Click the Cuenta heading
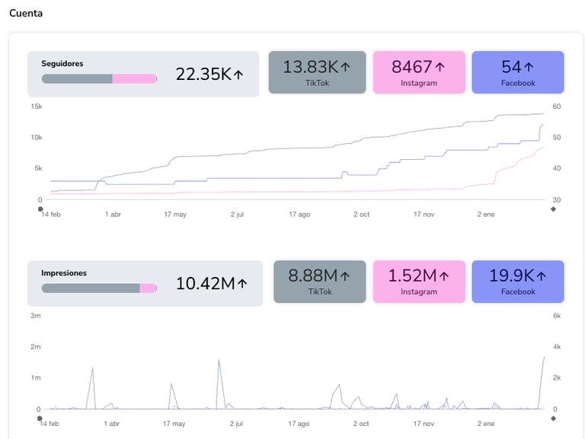point(26,13)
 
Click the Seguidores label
point(62,64)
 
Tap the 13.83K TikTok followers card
point(317,73)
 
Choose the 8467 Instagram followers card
point(419,73)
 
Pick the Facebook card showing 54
point(518,73)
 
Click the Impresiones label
point(64,273)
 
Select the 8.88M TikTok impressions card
point(319,282)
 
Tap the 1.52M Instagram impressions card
point(419,282)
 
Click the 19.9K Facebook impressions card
point(518,282)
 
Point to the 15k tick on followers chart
point(37,107)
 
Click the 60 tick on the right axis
point(557,107)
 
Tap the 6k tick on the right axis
point(557,316)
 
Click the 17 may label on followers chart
point(175,215)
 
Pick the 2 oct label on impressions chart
point(362,424)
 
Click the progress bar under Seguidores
point(99,78)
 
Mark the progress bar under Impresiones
point(99,288)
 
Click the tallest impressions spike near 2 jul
point(219,361)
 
